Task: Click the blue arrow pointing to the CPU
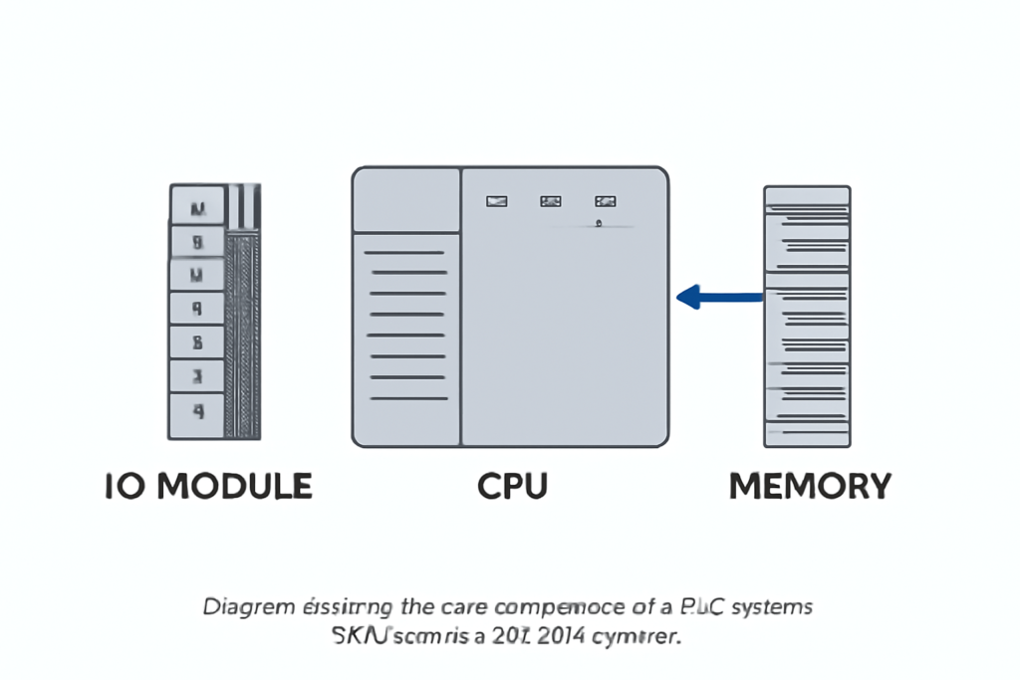pyautogui.click(x=719, y=296)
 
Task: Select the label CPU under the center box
pyautogui.click(x=512, y=486)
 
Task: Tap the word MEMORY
pyautogui.click(x=810, y=486)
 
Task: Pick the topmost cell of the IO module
pyautogui.click(x=197, y=208)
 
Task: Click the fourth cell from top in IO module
pyautogui.click(x=197, y=309)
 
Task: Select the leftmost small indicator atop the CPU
pyautogui.click(x=496, y=201)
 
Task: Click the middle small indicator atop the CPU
pyautogui.click(x=550, y=201)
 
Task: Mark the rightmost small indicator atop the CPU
pyautogui.click(x=605, y=201)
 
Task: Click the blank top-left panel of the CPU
pyautogui.click(x=406, y=200)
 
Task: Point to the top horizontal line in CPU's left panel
pyautogui.click(x=406, y=253)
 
